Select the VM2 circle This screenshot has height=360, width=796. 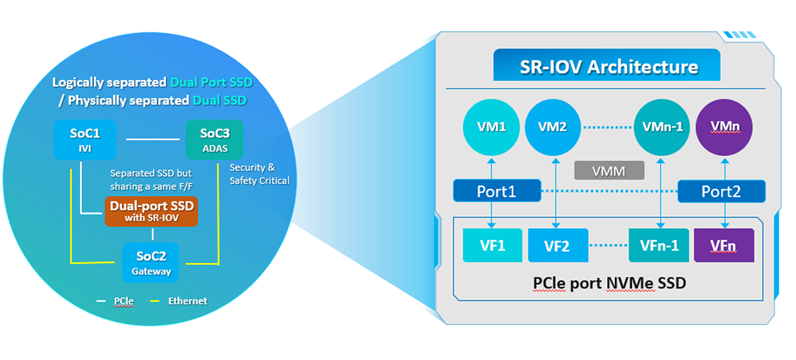coord(552,127)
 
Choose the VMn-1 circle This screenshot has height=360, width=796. coord(657,127)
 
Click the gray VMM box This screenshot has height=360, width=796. coord(610,170)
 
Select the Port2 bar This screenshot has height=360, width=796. coord(721,192)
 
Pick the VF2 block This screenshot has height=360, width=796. coord(558,246)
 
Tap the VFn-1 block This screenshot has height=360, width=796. coord(659,245)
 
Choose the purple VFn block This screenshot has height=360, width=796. coord(724,245)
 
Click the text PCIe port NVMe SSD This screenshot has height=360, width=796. coord(609,283)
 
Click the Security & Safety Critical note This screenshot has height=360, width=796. coord(259,174)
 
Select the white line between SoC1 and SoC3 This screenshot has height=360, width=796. coord(153,139)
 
